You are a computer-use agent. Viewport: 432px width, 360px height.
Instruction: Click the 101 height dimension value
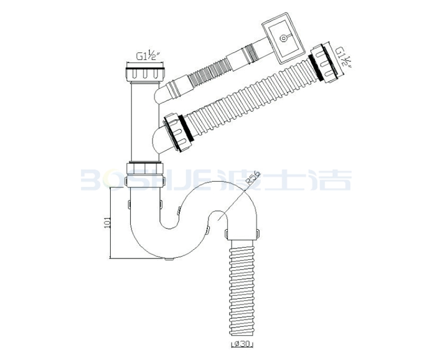108,222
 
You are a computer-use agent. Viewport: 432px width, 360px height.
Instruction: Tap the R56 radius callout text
252,178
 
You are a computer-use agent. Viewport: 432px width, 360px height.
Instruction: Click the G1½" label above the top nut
148,57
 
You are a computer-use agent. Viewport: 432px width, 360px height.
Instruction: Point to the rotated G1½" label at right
342,57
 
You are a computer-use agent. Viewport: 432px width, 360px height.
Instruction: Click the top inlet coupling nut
144,72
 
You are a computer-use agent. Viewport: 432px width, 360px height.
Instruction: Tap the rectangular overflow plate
282,38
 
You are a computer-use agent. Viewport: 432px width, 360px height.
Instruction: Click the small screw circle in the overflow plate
283,37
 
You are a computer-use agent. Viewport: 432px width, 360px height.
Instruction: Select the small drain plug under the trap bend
169,259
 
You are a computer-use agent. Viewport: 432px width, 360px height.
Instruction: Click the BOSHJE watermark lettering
148,180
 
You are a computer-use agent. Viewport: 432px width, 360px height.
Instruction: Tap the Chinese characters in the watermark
284,179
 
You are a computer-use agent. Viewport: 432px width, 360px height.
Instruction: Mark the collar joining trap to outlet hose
242,234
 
